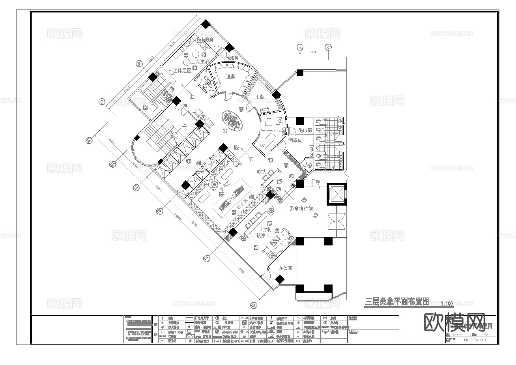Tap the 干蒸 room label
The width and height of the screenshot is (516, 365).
coord(260,96)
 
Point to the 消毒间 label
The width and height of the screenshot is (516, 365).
coord(295,140)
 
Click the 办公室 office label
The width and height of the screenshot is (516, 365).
coord(285,268)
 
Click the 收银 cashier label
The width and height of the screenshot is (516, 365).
coord(266,229)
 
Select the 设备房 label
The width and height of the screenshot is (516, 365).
coord(233,58)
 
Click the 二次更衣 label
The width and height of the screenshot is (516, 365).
coord(198,62)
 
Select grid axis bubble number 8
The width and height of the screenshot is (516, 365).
coord(327,47)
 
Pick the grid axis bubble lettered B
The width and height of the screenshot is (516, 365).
coord(139,63)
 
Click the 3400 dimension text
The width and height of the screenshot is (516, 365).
coord(314,52)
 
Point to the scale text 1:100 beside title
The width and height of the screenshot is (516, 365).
coord(447,303)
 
